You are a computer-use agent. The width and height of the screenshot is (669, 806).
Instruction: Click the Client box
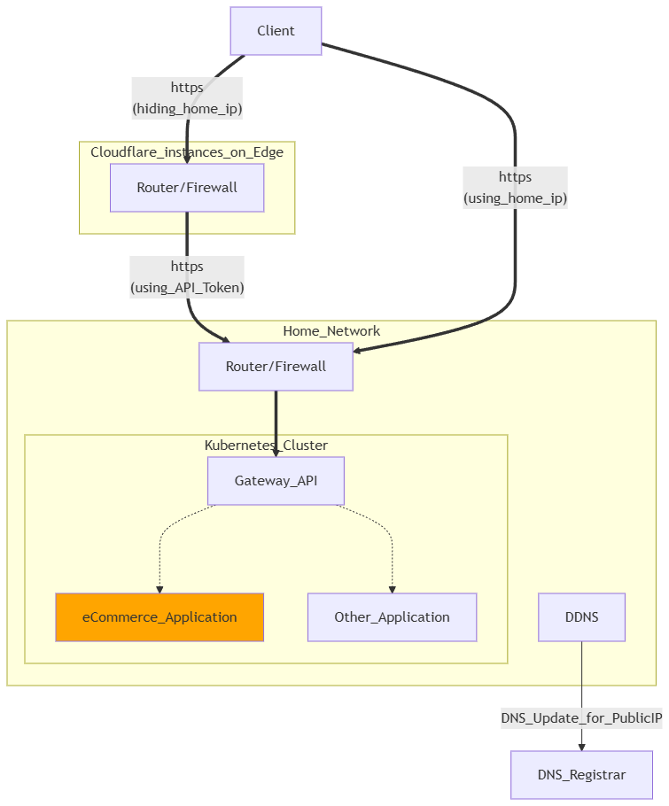(276, 31)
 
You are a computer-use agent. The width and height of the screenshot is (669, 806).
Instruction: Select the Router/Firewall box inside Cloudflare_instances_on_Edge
(187, 188)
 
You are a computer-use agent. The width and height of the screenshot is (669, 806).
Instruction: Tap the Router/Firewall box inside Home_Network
(276, 367)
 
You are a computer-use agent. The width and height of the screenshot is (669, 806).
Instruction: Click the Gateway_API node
(276, 481)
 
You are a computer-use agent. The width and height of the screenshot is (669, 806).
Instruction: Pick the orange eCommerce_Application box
(159, 617)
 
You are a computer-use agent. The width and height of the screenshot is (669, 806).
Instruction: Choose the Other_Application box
(392, 617)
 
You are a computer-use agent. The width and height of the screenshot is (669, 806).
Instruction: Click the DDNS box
(581, 617)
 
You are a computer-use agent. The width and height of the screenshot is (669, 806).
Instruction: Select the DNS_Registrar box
(581, 775)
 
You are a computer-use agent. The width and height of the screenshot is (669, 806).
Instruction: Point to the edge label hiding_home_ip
(187, 108)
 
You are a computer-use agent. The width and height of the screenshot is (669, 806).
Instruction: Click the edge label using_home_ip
(515, 198)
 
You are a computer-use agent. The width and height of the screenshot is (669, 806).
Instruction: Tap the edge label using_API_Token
(187, 287)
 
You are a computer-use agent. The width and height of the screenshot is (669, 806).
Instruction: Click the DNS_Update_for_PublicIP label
(581, 718)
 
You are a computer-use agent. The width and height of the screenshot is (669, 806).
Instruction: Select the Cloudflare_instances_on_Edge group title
(187, 152)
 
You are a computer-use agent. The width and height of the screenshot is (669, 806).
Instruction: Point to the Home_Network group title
(331, 331)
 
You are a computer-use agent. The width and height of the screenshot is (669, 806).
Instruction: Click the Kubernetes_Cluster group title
(266, 445)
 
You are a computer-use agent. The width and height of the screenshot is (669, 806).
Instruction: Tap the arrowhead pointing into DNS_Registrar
(581, 746)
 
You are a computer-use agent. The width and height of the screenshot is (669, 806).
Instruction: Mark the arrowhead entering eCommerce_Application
(159, 588)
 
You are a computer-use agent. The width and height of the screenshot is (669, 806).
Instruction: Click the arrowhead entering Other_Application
(392, 588)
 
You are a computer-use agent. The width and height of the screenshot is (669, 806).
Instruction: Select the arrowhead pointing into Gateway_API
(276, 452)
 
